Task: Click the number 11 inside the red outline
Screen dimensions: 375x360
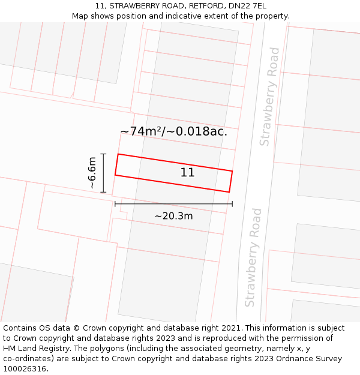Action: click(187, 173)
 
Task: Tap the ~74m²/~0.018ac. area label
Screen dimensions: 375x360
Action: click(174, 131)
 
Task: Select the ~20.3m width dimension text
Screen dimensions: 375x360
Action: click(174, 216)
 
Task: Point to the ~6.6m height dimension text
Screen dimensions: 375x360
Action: click(92, 173)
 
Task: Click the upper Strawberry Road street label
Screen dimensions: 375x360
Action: click(269, 97)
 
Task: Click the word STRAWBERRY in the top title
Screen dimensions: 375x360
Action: click(132, 6)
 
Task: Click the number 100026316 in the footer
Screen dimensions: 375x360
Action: click(26, 369)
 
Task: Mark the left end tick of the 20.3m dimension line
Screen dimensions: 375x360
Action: click(115, 204)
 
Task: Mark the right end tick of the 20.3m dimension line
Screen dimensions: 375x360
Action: click(232, 204)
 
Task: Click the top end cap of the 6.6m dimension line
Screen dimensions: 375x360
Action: click(104, 154)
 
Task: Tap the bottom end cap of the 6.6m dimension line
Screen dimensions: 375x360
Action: click(104, 193)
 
